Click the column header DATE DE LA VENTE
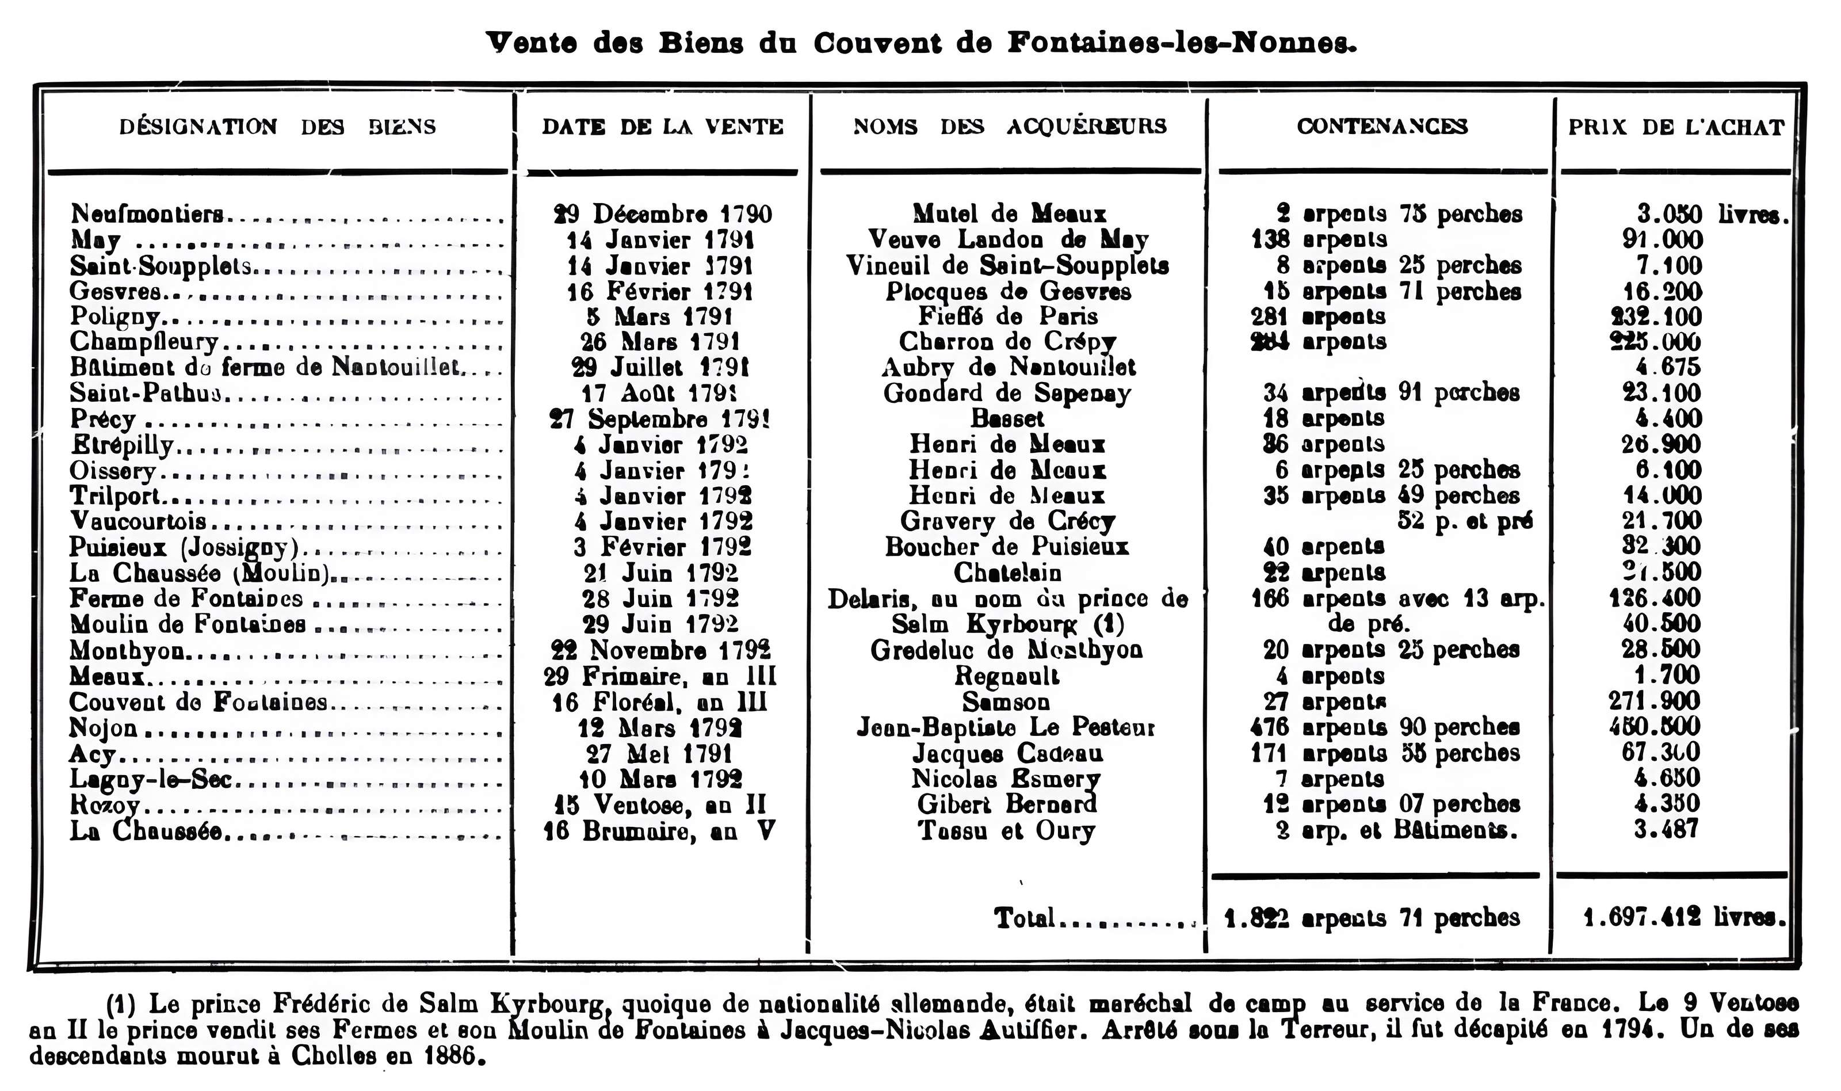point(662,127)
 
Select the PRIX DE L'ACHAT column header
point(1676,127)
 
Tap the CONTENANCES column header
point(1382,127)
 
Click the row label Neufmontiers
point(147,214)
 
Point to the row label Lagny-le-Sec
point(151,779)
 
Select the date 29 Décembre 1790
point(662,214)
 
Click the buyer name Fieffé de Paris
point(1007,316)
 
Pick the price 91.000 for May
point(1663,240)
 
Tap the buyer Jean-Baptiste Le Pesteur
point(1006,727)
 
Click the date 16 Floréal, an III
point(659,701)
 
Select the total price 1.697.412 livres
point(1683,917)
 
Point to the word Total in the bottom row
point(1025,917)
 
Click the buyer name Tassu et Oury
point(1006,831)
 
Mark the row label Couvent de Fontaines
point(198,701)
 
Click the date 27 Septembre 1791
point(659,418)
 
